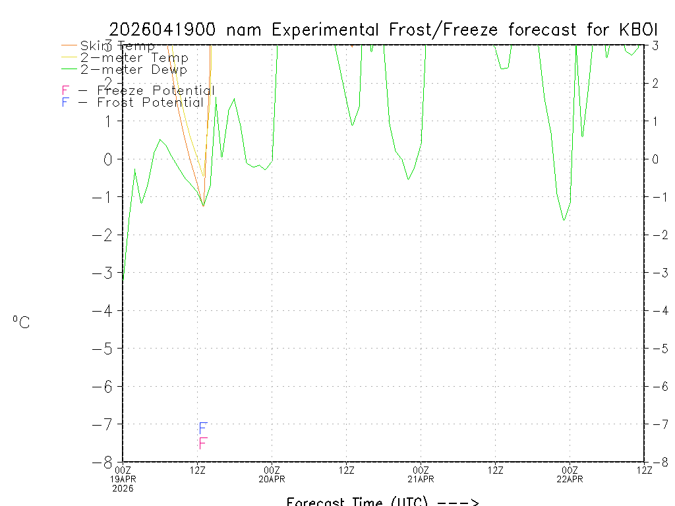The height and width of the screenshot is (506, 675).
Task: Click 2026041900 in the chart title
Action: tap(165, 30)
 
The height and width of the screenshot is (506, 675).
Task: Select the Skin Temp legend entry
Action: tap(117, 46)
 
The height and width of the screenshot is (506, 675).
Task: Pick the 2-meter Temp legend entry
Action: tap(134, 58)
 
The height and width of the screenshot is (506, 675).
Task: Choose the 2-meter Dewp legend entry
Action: tap(133, 69)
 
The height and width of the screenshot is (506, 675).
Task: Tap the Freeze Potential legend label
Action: tap(156, 90)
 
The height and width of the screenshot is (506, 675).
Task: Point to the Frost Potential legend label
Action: tap(150, 102)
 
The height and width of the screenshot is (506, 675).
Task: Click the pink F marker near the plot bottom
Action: tap(203, 443)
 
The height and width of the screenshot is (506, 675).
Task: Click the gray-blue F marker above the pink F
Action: tap(203, 429)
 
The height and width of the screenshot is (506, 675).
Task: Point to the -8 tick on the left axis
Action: tap(106, 462)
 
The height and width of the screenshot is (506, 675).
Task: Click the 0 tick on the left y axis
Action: tap(109, 159)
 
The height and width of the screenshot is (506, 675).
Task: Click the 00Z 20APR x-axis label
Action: tap(272, 474)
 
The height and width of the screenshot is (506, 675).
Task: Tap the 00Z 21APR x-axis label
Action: tap(421, 474)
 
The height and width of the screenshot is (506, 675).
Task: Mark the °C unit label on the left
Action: tap(21, 322)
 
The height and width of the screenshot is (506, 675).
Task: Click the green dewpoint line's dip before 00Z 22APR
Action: tap(564, 219)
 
